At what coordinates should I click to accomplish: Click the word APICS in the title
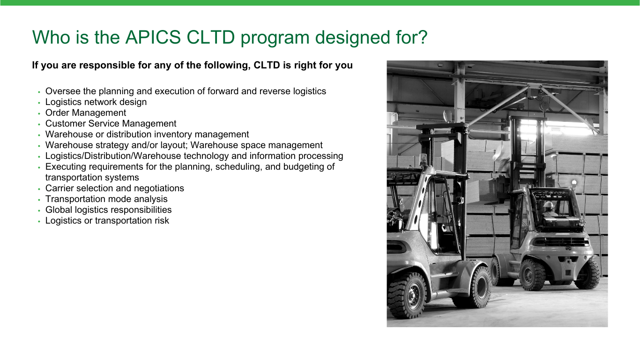pyautogui.click(x=153, y=37)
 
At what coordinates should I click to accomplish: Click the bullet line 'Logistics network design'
pyautogui.click(x=96, y=102)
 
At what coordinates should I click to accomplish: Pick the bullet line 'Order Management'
pyautogui.click(x=86, y=113)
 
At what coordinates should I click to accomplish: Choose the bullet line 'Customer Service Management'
pyautogui.click(x=111, y=124)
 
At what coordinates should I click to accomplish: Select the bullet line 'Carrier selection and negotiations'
pyautogui.click(x=115, y=188)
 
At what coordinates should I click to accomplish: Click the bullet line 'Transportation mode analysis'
pyautogui.click(x=106, y=199)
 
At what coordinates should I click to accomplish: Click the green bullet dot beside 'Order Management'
pyautogui.click(x=39, y=114)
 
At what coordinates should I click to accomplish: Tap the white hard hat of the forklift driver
pyautogui.click(x=548, y=204)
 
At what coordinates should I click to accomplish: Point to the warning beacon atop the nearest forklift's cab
pyautogui.click(x=423, y=159)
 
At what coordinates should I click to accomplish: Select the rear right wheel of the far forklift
pyautogui.click(x=588, y=274)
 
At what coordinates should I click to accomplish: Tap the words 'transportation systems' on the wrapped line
pyautogui.click(x=92, y=178)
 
